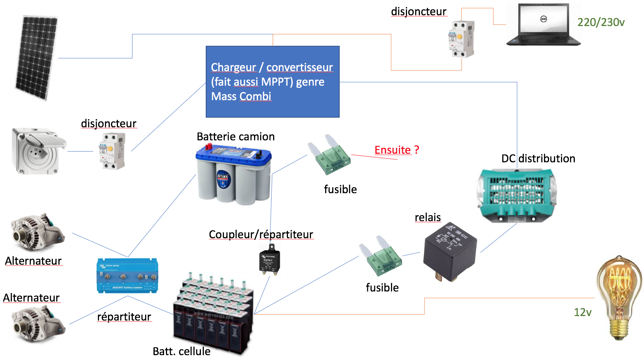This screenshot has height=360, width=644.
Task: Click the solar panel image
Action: click(36, 58)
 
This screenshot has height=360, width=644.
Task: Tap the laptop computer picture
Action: click(543, 25)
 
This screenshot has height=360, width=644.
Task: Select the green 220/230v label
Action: click(601, 22)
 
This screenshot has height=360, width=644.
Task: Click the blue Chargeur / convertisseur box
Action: click(272, 82)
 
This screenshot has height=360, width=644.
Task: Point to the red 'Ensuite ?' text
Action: click(397, 150)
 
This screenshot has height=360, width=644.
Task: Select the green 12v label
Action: click(583, 312)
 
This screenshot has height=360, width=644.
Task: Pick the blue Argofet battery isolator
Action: click(127, 276)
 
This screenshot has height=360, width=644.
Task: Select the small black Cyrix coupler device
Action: click(269, 260)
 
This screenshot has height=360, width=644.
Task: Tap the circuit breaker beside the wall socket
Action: click(112, 151)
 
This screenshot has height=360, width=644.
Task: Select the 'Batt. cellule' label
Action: click(182, 351)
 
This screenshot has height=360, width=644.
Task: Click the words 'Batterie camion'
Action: click(236, 137)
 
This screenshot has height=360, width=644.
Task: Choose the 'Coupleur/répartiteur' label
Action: click(261, 235)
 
